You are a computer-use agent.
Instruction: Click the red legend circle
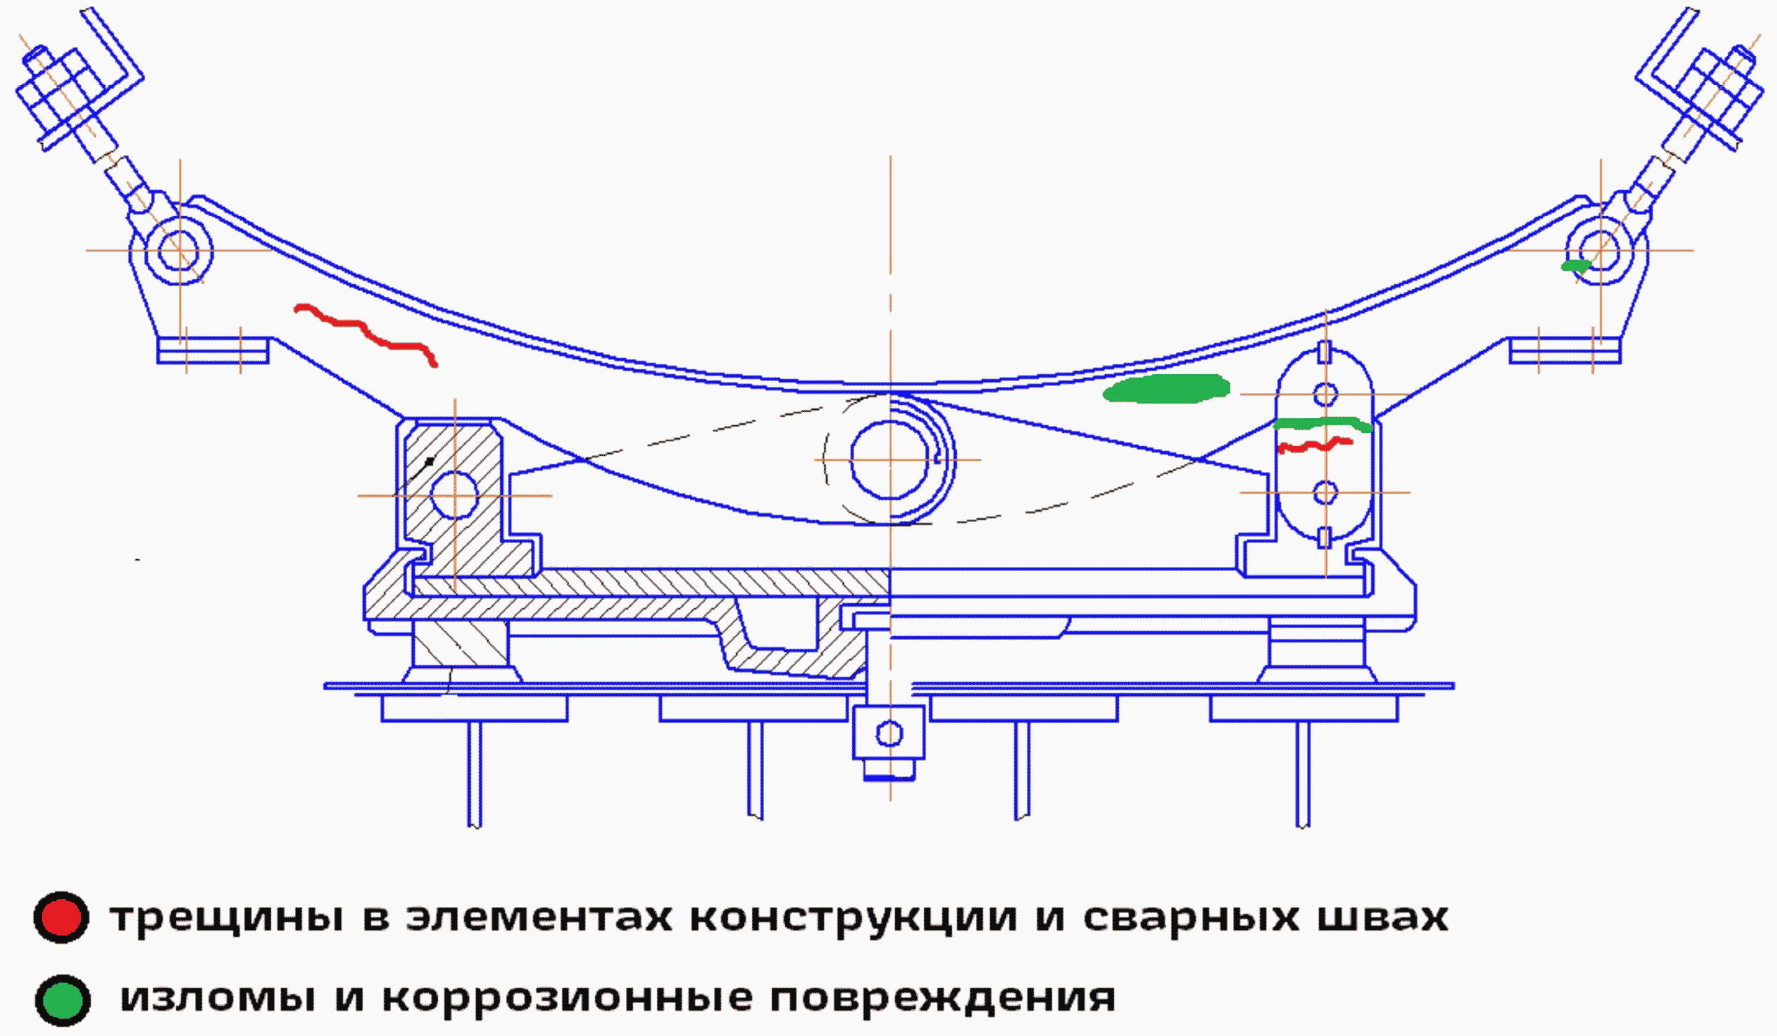coord(61,917)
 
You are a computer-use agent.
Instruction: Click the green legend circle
coord(63,1000)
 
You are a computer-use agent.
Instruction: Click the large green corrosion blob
coord(1167,388)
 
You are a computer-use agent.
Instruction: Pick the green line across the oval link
coord(1322,424)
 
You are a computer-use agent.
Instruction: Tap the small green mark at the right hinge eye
coord(1575,266)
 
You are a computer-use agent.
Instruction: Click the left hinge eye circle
coord(179,251)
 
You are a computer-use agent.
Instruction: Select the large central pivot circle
coord(890,459)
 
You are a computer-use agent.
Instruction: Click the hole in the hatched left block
coord(454,496)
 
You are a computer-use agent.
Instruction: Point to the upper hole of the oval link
coord(1326,394)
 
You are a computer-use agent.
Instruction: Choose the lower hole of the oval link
coord(1326,493)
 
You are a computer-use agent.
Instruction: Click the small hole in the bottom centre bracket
coord(889,734)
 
